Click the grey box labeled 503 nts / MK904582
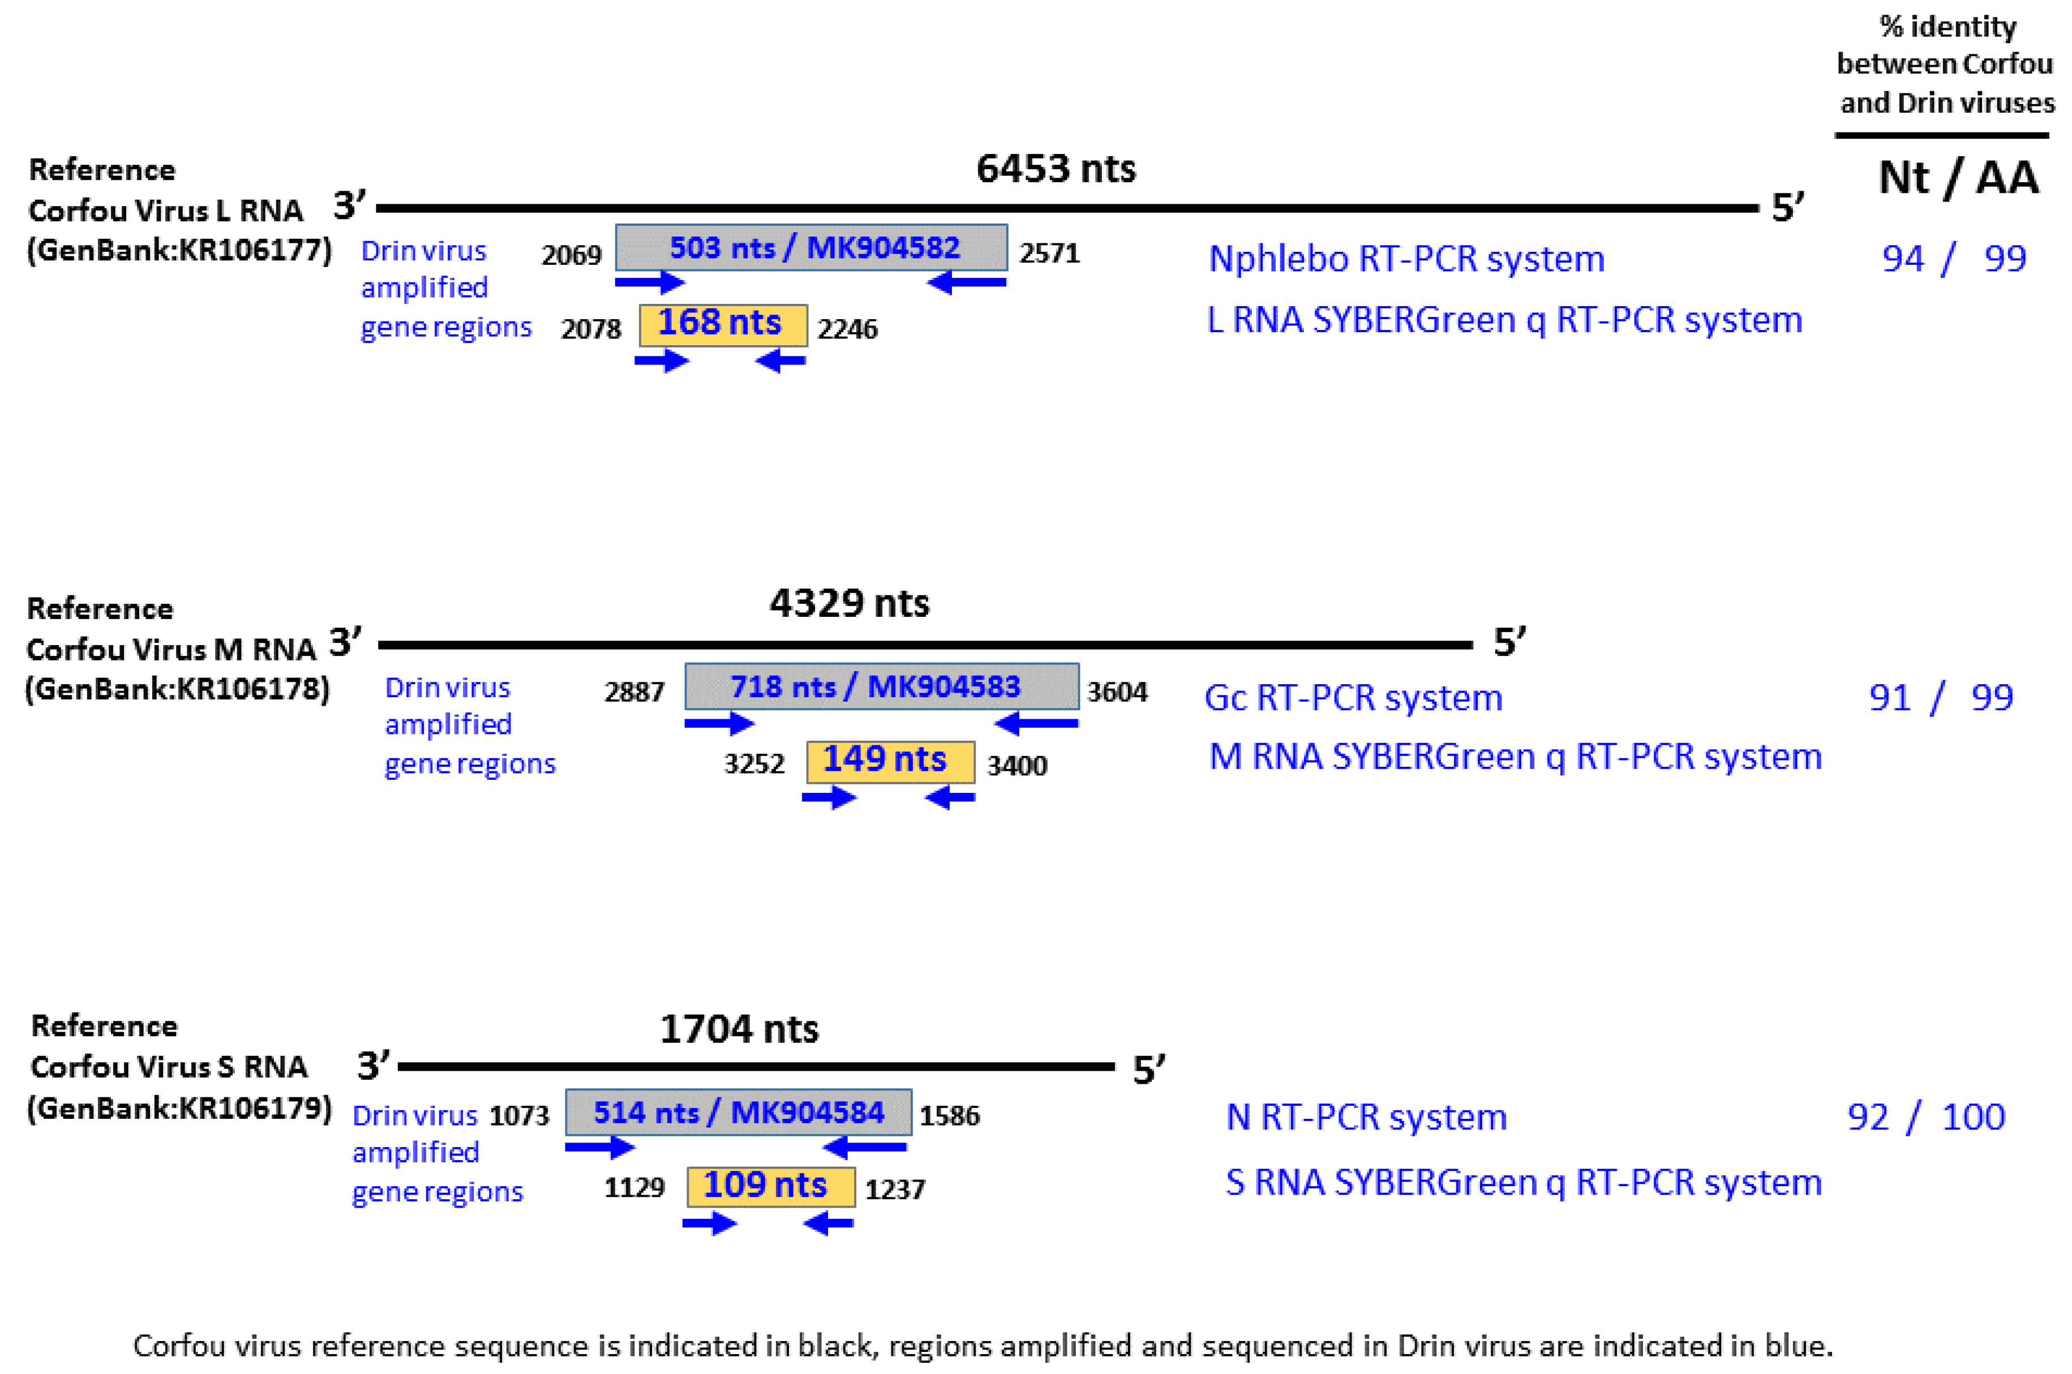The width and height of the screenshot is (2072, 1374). point(811,248)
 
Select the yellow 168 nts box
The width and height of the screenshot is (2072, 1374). point(723,324)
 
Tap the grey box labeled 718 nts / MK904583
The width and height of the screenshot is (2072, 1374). point(881,686)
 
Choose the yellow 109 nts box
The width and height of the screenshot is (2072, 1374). point(770,1186)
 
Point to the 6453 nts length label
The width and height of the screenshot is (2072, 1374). point(1055,168)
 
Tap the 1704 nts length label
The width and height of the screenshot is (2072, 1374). point(739,1029)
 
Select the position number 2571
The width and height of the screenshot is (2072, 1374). point(1049,254)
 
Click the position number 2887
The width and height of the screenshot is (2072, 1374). point(634,692)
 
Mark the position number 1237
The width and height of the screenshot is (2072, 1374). point(894,1189)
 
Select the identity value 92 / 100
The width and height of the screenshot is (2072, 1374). point(1925,1117)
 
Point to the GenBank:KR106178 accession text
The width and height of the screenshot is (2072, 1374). point(177,689)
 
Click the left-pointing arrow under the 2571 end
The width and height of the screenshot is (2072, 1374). point(966,282)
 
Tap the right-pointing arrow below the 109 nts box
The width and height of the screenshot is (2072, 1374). point(710,1223)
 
